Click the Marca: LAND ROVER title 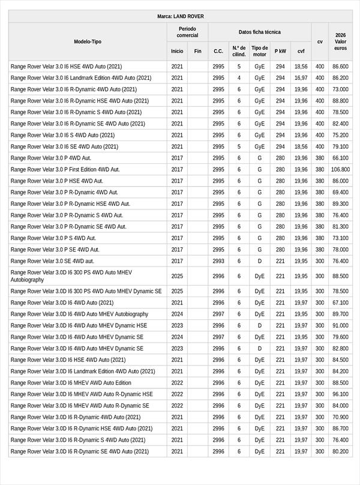click(x=180, y=16)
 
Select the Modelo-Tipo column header click(x=88, y=41)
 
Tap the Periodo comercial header click(x=187, y=32)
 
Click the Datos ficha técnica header click(x=259, y=32)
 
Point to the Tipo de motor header click(x=260, y=51)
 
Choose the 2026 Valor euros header click(x=340, y=41)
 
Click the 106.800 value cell click(x=340, y=170)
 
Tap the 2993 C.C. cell click(x=218, y=261)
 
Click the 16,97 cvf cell click(x=301, y=78)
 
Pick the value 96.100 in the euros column click(x=340, y=394)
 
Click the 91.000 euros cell click(x=340, y=325)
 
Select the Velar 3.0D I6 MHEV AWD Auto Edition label click(x=71, y=383)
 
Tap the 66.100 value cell click(x=340, y=158)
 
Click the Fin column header click(x=198, y=51)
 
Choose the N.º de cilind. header click(x=239, y=51)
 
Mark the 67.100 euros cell click(x=340, y=303)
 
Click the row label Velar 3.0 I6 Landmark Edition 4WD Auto click(x=81, y=78)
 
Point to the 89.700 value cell click(x=340, y=314)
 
